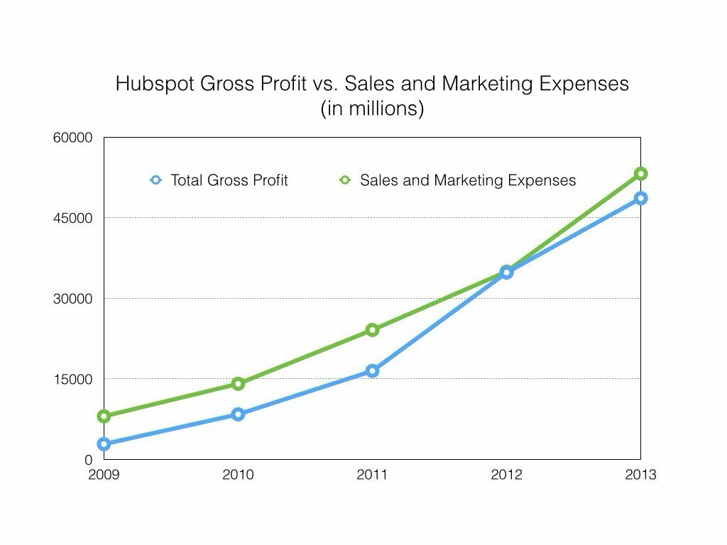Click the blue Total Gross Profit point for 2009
104,444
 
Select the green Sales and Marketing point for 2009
104,416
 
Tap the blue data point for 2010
238,414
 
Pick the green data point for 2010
238,384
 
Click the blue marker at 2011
372,370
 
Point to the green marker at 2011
372,330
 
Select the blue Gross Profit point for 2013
640,198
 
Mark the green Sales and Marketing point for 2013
640,174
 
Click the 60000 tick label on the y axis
73,138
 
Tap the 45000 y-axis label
73,218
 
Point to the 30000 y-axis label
73,299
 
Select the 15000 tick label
73,379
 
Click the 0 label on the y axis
89,460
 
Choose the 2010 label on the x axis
238,475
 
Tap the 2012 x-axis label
506,475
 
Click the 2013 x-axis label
640,475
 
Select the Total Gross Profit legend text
229,180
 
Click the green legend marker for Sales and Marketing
345,180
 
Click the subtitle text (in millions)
372,109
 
